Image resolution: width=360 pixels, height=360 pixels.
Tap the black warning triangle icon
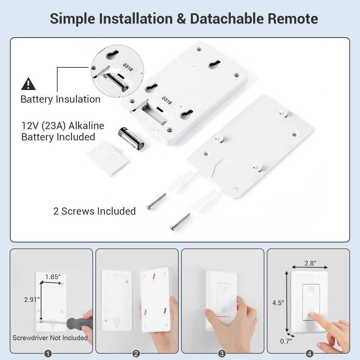(x=28, y=84)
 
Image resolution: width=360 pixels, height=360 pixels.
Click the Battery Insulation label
(x=60, y=99)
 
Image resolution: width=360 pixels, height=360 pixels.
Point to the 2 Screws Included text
(x=94, y=211)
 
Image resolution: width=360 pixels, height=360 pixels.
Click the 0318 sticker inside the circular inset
(x=128, y=67)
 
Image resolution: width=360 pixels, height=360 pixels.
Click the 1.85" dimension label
(x=53, y=276)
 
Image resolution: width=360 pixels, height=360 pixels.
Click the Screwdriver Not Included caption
(x=50, y=338)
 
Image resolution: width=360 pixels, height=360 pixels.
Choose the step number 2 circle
(x=136, y=354)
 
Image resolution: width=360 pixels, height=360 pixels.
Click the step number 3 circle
(x=222, y=354)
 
